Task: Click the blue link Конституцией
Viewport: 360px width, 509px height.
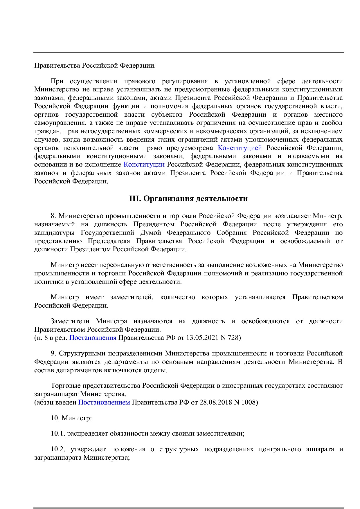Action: point(240,148)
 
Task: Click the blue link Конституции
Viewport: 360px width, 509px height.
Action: point(144,165)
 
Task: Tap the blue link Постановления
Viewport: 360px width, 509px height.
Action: point(93,337)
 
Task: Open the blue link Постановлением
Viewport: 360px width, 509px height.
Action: point(104,402)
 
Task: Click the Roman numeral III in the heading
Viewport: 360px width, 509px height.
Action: point(135,199)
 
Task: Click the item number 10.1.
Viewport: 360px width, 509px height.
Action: point(58,434)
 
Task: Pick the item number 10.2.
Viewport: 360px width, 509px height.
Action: point(58,449)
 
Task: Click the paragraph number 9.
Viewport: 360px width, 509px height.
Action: point(53,353)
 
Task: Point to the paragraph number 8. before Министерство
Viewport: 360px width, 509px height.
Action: point(53,216)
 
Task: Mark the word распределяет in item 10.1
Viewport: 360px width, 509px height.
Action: point(87,434)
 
